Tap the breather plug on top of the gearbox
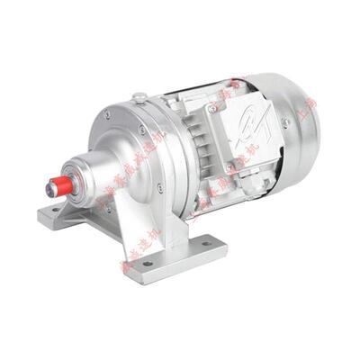139,97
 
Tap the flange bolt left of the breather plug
108,114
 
